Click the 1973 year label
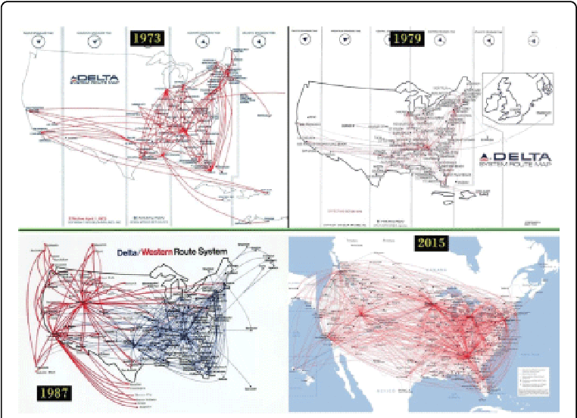click(145, 38)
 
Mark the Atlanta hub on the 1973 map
click(186, 134)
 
